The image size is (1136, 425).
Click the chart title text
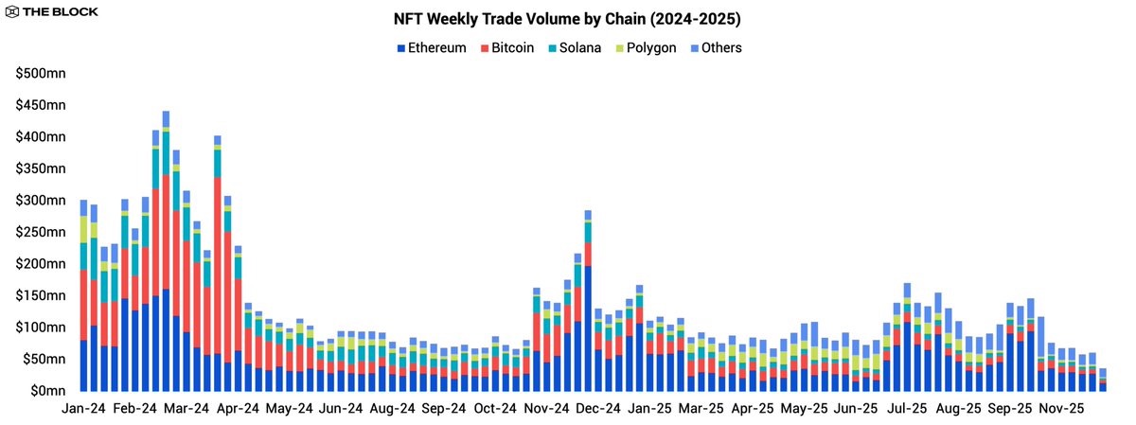click(569, 19)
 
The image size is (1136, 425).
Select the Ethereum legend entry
click(433, 47)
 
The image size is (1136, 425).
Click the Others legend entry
click(715, 47)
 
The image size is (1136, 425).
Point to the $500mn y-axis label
click(40, 73)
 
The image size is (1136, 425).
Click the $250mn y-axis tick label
click(40, 232)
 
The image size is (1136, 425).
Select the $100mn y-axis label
click(40, 327)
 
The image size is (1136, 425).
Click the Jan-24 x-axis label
click(83, 409)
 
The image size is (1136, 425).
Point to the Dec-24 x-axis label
click(599, 409)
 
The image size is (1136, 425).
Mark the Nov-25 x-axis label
click(1062, 409)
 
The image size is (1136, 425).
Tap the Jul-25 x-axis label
click(907, 409)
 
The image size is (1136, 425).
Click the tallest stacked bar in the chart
click(166, 251)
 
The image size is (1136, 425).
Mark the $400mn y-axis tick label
click(40, 136)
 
